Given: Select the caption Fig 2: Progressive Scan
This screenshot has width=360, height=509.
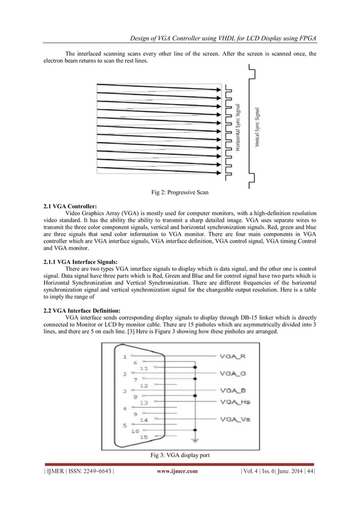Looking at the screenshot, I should (x=179, y=193).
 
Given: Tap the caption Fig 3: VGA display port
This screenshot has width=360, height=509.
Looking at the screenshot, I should (x=179, y=454).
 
